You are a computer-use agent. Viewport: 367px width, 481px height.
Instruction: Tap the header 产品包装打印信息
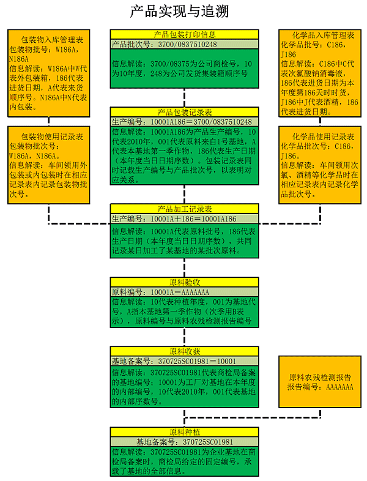184,35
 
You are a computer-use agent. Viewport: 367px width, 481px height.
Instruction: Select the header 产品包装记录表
184,113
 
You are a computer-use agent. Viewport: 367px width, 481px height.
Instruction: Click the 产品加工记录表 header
184,209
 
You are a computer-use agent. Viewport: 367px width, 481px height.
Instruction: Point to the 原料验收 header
184,282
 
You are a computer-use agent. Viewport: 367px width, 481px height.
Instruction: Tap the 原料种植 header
184,431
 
